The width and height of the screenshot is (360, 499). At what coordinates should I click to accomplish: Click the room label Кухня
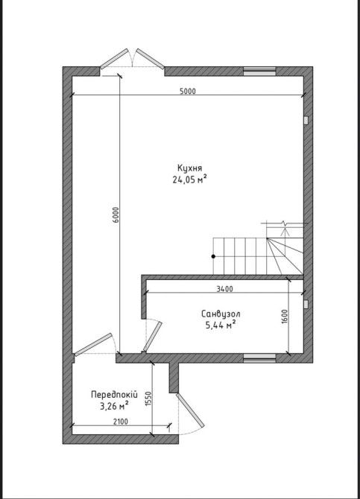[x=190, y=168]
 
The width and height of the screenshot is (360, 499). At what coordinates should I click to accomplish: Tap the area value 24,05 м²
[x=190, y=179]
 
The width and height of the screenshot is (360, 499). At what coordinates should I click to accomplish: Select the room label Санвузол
[x=221, y=314]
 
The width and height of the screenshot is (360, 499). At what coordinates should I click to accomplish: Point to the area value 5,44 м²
[x=221, y=325]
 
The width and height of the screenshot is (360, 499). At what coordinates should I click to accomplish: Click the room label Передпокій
[x=114, y=395]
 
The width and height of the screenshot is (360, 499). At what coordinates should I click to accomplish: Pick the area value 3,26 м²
[x=114, y=406]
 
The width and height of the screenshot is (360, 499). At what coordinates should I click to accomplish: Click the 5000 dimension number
[x=187, y=91]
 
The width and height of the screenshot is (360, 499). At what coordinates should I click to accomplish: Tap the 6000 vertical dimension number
[x=116, y=214]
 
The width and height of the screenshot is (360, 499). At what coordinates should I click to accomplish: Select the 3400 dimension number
[x=224, y=289]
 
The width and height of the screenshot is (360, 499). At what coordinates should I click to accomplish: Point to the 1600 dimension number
[x=285, y=317]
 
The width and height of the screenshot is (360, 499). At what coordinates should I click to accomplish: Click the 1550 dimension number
[x=148, y=398]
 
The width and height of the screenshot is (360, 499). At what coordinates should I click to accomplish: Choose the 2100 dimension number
[x=121, y=422]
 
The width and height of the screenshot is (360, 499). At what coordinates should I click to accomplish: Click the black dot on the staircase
[x=213, y=256]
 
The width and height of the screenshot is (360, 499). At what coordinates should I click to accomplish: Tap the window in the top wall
[x=259, y=71]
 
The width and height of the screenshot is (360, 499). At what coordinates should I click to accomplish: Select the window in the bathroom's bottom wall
[x=259, y=358]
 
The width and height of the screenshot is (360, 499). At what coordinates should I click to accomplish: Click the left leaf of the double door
[x=114, y=59]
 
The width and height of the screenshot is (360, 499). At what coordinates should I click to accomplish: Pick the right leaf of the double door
[x=151, y=59]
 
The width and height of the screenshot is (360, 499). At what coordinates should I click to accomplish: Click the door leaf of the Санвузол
[x=153, y=337]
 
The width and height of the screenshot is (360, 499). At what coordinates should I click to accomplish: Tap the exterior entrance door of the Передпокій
[x=190, y=410]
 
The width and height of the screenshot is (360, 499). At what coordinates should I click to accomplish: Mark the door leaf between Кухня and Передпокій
[x=93, y=344]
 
